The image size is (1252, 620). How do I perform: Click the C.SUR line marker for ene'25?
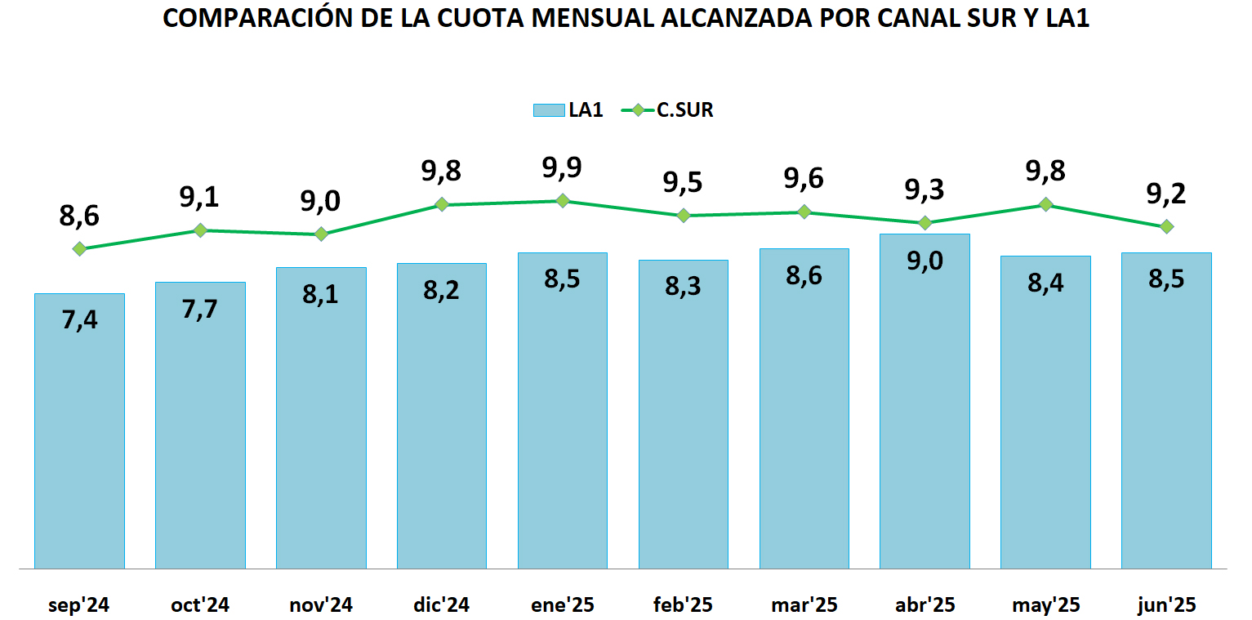[563, 201]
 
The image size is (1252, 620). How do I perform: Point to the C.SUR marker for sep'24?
[79, 248]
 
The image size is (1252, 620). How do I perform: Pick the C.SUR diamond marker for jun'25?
[1166, 226]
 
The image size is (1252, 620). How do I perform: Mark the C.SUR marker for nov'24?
[321, 234]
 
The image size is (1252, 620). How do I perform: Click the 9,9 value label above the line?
[562, 168]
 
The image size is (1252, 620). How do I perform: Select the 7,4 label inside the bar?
[79, 320]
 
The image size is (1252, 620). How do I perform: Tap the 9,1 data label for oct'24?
[200, 198]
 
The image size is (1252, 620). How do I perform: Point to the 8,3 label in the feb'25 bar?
[683, 287]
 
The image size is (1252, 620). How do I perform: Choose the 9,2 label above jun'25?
[1166, 194]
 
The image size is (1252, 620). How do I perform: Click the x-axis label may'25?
[1045, 605]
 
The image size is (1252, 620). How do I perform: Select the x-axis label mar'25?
[804, 605]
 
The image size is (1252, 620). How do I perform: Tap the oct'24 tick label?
[200, 605]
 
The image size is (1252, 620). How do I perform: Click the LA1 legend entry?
[568, 110]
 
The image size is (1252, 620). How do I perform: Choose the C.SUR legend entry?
[668, 110]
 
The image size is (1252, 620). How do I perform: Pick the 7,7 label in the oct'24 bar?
[200, 309]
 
